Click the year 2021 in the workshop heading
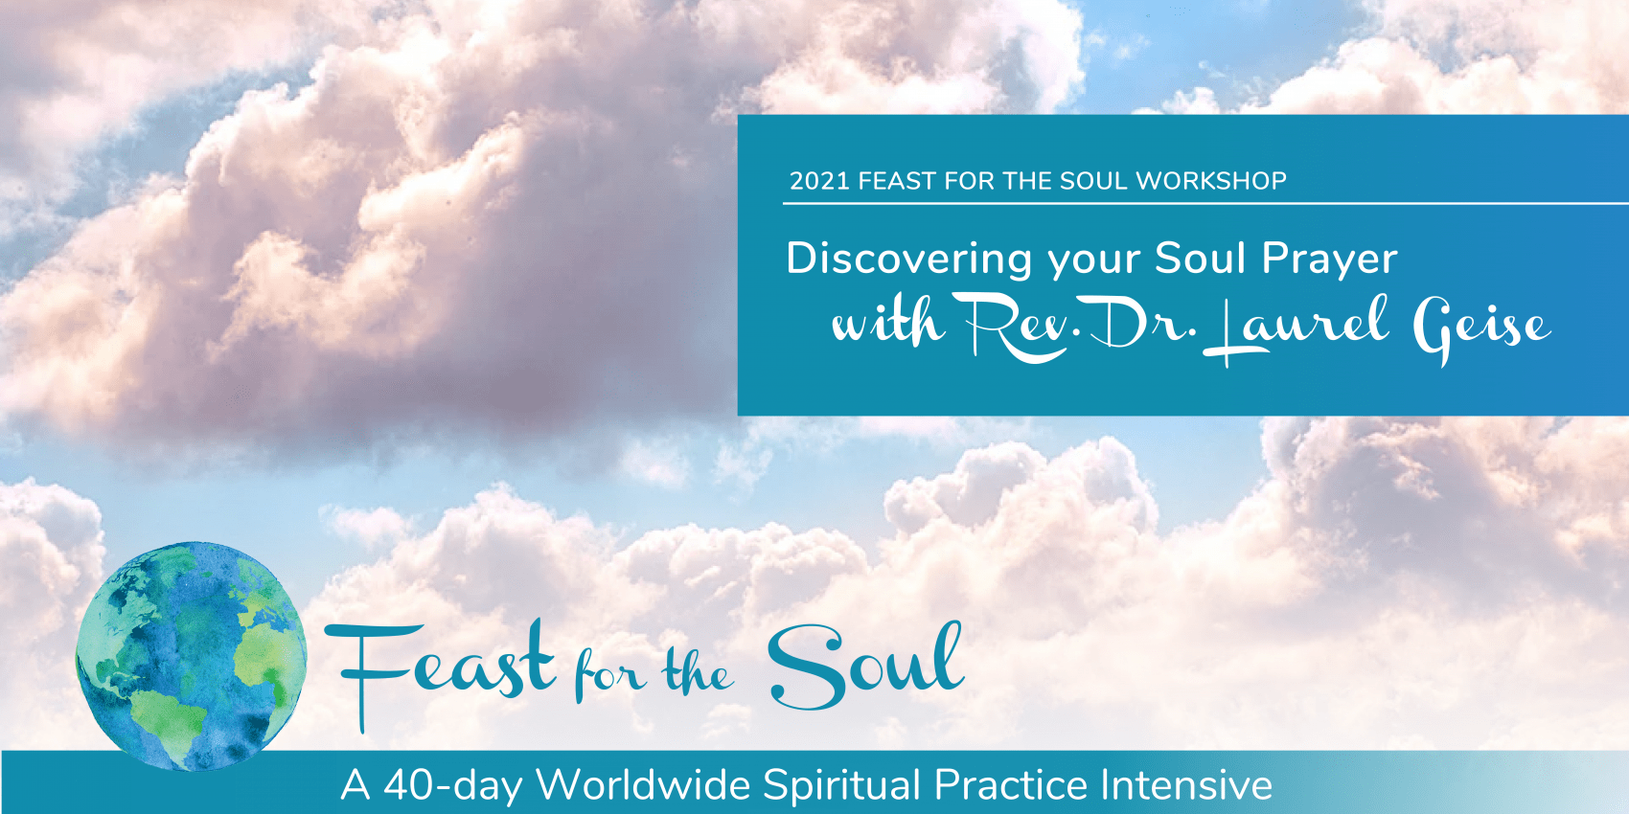tap(819, 181)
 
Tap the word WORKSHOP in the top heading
tap(1211, 181)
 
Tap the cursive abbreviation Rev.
tap(1017, 328)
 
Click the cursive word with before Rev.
tap(887, 322)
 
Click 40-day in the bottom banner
tap(452, 785)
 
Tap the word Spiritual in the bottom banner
tap(842, 785)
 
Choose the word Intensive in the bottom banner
tap(1186, 784)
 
